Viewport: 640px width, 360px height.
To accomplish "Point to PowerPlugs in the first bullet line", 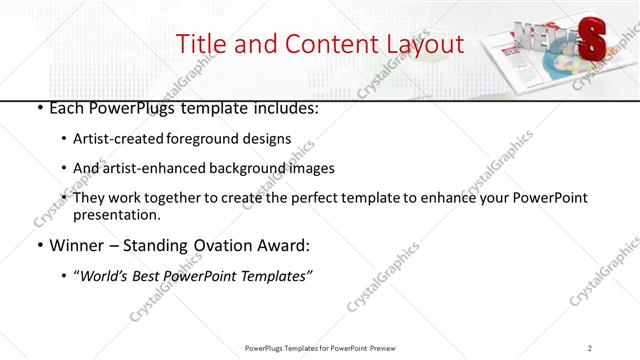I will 131,108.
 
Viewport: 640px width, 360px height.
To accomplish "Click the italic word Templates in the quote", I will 277,275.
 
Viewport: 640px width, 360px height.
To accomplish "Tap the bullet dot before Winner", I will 38,245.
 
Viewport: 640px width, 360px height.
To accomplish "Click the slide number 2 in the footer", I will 590,347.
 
